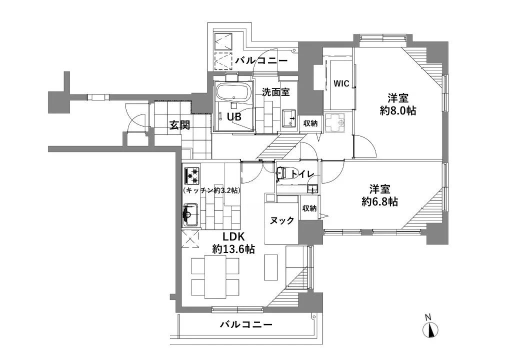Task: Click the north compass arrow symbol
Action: tap(430, 329)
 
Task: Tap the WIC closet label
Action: tap(341, 84)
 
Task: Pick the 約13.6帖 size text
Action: tap(233, 249)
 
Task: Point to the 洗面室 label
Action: tap(273, 91)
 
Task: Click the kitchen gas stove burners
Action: tap(192, 174)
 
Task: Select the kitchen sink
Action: tap(190, 215)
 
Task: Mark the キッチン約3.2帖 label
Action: tap(211, 190)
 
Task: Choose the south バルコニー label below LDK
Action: tap(246, 325)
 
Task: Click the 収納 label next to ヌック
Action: tap(309, 208)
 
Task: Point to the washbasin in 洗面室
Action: tap(289, 118)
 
